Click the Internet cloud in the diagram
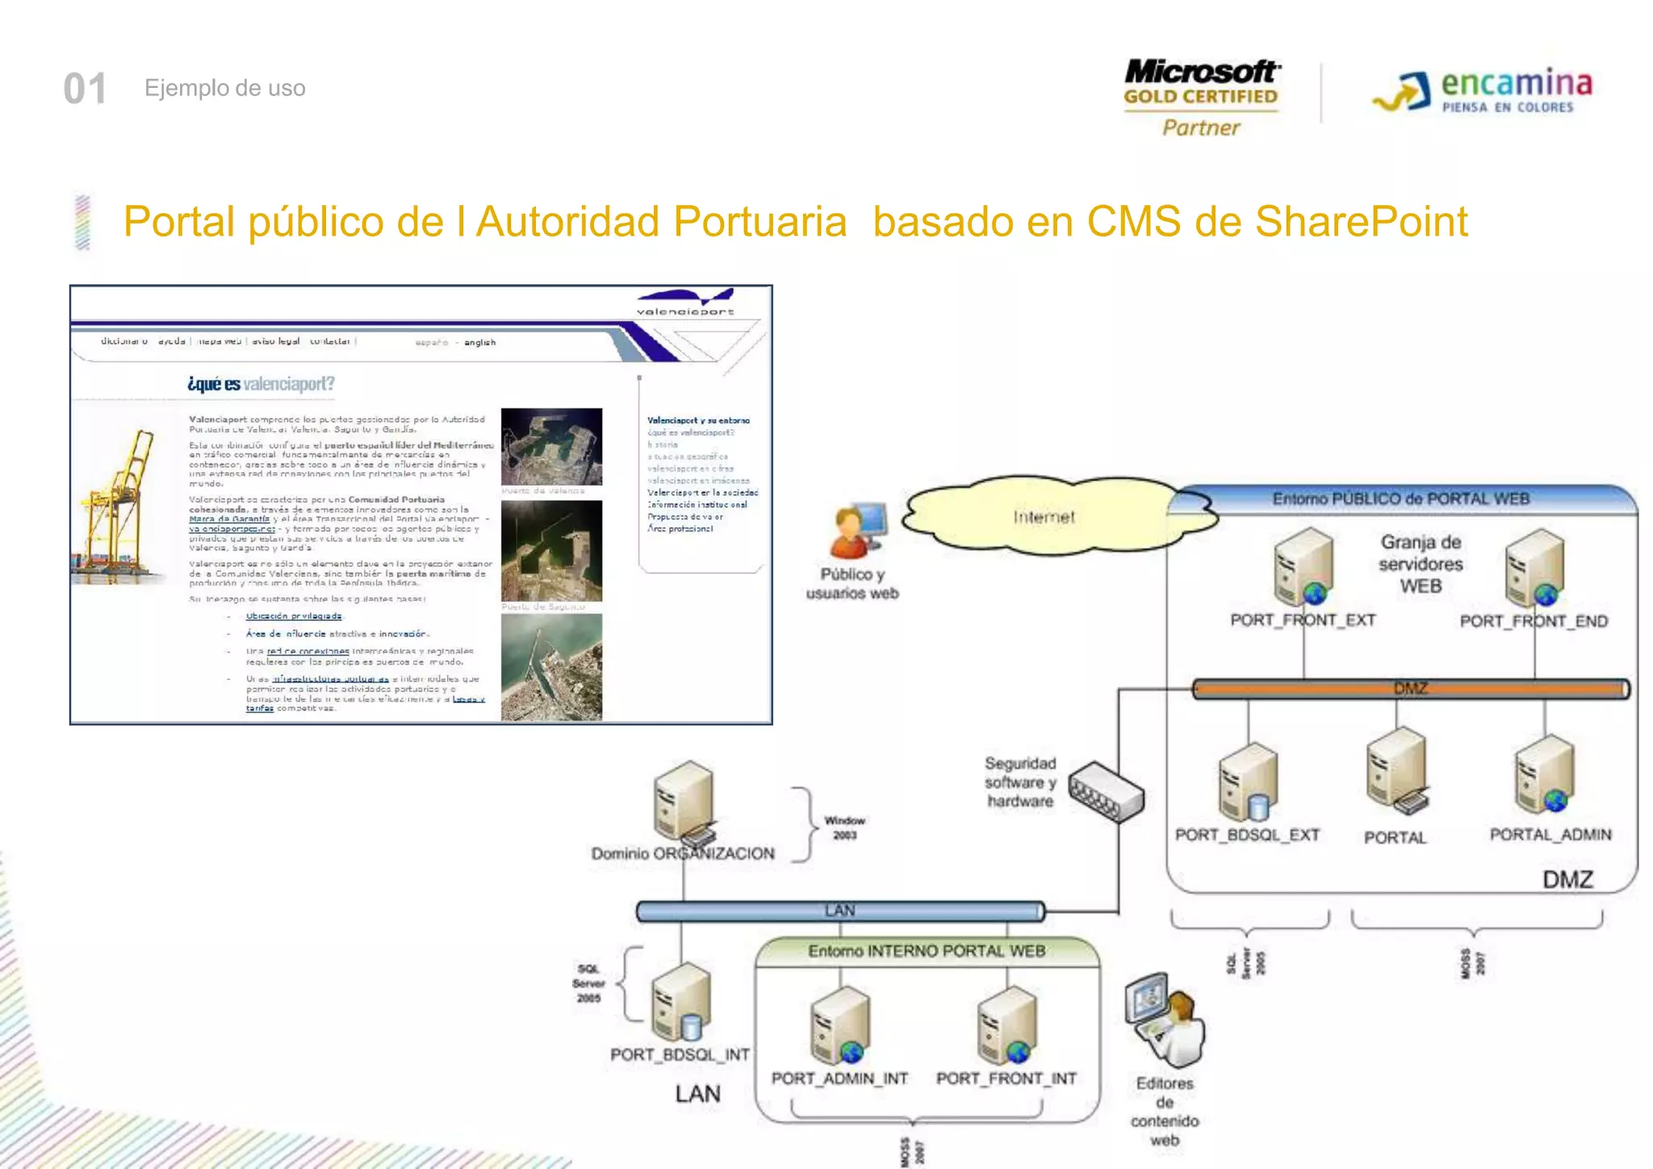[1044, 517]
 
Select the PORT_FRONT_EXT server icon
[1302, 568]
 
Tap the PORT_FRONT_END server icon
[1534, 568]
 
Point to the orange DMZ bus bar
[1410, 689]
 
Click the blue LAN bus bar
[839, 911]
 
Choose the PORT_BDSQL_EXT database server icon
[1248, 781]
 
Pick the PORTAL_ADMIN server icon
[1545, 774]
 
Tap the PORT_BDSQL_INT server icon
[680, 1001]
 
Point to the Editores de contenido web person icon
[1165, 1020]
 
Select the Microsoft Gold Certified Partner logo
[1201, 98]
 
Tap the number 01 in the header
[85, 89]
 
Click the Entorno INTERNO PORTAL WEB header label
[927, 951]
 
